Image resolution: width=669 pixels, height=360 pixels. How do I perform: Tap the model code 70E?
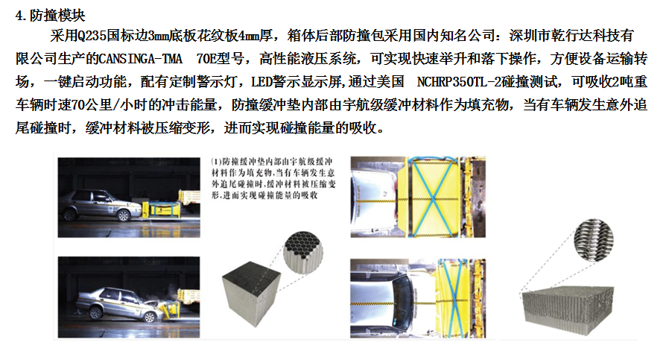click(210, 57)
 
